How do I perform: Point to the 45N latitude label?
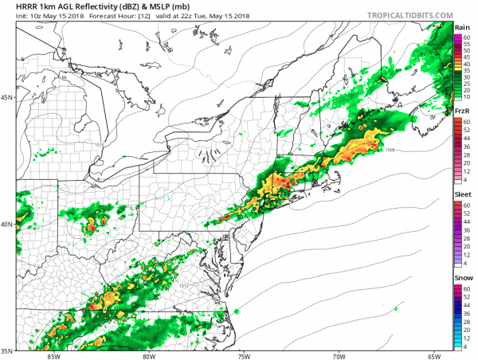(8, 98)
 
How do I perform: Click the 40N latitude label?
(8, 225)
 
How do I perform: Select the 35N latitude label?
(8, 350)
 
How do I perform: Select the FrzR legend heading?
(461, 112)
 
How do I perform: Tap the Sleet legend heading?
(462, 194)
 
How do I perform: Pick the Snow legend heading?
(462, 277)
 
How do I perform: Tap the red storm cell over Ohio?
(89, 227)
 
